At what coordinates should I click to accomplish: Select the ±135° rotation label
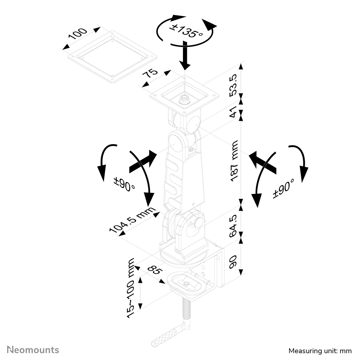186,31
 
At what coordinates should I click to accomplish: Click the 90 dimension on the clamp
233,262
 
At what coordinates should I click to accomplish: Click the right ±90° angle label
283,189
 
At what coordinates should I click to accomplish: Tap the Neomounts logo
33,350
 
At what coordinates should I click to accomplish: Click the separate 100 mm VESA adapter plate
112,57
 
